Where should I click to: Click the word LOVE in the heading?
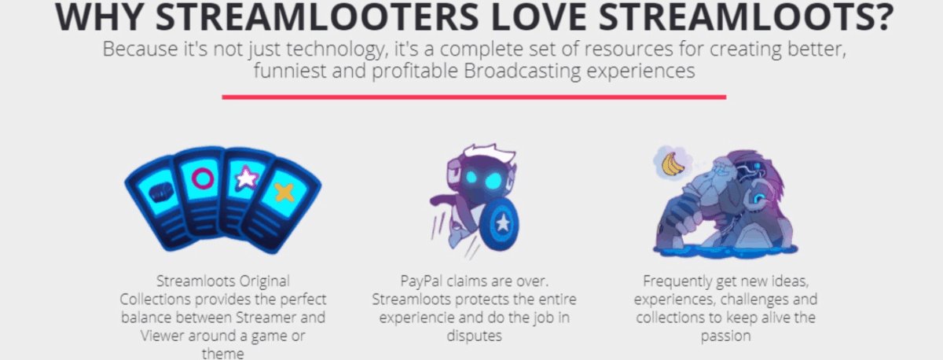[x=539, y=17]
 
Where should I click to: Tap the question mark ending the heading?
[x=880, y=17]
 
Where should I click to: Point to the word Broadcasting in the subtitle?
[x=522, y=72]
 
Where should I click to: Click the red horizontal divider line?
[x=474, y=97]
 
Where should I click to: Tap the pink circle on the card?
[x=203, y=178]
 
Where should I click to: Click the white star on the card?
[x=246, y=178]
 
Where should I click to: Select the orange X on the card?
[x=284, y=193]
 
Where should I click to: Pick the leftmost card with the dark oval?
[x=158, y=203]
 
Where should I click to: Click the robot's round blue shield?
[x=500, y=223]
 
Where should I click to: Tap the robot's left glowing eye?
[x=471, y=178]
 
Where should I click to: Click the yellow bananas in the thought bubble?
[x=673, y=164]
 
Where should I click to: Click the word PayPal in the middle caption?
[x=421, y=281]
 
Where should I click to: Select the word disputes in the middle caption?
[x=474, y=336]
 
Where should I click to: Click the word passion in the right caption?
[x=726, y=336]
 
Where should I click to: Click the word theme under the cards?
[x=222, y=354]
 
